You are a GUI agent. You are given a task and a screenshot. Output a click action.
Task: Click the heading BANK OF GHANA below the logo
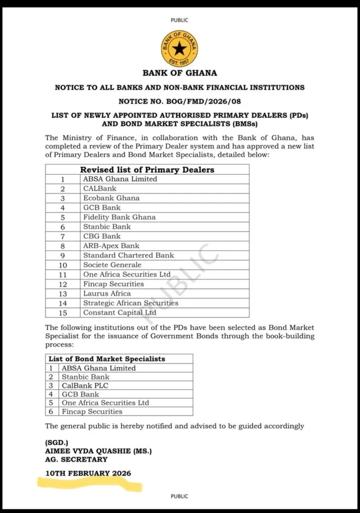(x=179, y=73)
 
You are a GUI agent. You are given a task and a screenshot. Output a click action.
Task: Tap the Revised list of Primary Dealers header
(x=147, y=170)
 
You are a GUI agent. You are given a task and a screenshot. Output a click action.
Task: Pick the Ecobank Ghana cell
(x=111, y=198)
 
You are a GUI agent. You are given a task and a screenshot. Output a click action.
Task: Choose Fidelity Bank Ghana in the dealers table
(x=119, y=217)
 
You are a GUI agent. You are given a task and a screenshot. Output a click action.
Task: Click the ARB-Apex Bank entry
(x=111, y=245)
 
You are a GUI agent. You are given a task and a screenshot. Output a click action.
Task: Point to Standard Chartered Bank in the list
(x=128, y=255)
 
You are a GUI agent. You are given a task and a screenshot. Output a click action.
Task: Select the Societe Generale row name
(x=112, y=265)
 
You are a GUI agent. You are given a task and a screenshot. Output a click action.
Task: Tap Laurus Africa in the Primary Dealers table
(x=107, y=294)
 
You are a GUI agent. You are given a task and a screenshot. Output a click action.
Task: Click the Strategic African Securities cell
(x=130, y=303)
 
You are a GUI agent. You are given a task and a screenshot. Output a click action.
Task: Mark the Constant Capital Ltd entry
(x=119, y=313)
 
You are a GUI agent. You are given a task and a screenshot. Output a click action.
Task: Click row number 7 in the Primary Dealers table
(x=63, y=236)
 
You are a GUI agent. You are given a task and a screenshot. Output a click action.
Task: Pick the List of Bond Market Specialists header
(x=107, y=359)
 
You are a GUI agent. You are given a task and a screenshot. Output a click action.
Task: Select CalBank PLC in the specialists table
(x=85, y=386)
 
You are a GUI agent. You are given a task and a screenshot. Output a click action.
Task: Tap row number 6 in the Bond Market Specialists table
(x=51, y=411)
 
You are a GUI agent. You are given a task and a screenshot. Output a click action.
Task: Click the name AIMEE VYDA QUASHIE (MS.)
(x=98, y=451)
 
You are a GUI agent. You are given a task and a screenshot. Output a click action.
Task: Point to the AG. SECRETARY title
(x=76, y=459)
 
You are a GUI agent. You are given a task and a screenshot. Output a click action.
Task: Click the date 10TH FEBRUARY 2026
(x=88, y=473)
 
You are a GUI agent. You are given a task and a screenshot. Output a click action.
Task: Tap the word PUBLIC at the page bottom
(x=179, y=496)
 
